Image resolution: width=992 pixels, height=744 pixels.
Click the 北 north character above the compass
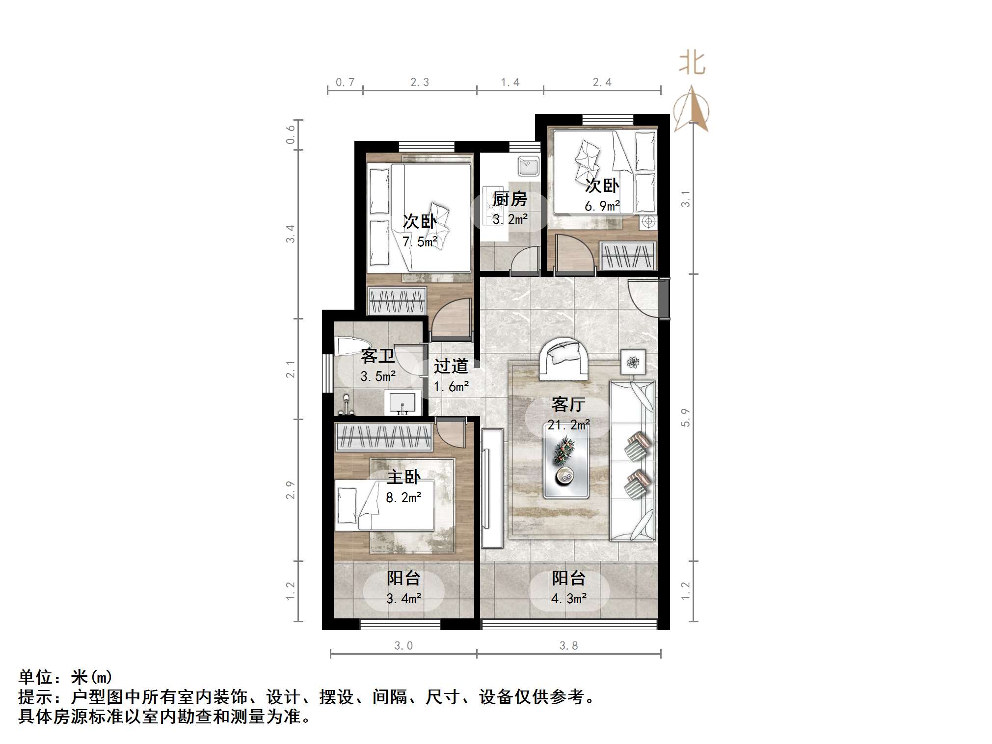[x=692, y=63]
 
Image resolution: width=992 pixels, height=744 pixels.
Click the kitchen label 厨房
[x=510, y=199]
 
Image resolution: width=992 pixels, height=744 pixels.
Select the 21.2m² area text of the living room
[x=568, y=425]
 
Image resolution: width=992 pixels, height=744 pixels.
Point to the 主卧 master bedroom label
[x=403, y=477]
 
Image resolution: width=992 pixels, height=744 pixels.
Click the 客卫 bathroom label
[x=377, y=356]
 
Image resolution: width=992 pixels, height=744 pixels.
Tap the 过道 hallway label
[x=451, y=366]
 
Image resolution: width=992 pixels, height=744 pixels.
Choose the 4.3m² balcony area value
[x=568, y=599]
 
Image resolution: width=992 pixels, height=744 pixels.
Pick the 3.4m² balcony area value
[x=403, y=599]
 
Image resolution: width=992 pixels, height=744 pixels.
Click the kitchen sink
[x=529, y=166]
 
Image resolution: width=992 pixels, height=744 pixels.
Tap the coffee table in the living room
[x=566, y=460]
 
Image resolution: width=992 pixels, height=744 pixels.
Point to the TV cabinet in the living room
[x=492, y=488]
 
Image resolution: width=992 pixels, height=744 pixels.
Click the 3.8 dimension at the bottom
[x=568, y=646]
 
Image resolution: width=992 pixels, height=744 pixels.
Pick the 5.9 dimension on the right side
[x=685, y=418]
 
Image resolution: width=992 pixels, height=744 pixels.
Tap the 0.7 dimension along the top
[x=345, y=82]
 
